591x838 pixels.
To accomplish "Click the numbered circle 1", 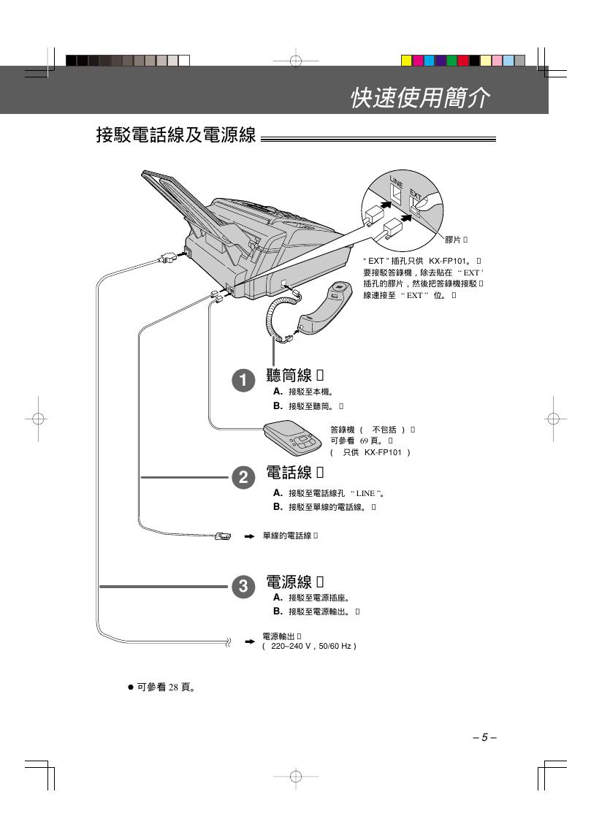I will click(243, 381).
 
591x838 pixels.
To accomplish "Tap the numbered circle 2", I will click(243, 478).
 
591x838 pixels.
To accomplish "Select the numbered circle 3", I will click(243, 586).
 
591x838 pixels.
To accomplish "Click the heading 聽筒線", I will click(289, 376).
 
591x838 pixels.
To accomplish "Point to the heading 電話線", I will click(289, 473).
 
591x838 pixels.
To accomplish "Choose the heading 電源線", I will click(289, 582).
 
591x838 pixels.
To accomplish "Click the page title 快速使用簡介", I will click(419, 97).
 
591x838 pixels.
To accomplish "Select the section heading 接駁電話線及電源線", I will click(175, 136).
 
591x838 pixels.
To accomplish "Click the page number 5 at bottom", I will click(484, 737).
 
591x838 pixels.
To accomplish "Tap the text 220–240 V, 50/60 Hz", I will click(309, 647).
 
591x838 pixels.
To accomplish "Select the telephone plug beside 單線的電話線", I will click(223, 537).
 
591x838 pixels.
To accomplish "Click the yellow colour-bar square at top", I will click(407, 61).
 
